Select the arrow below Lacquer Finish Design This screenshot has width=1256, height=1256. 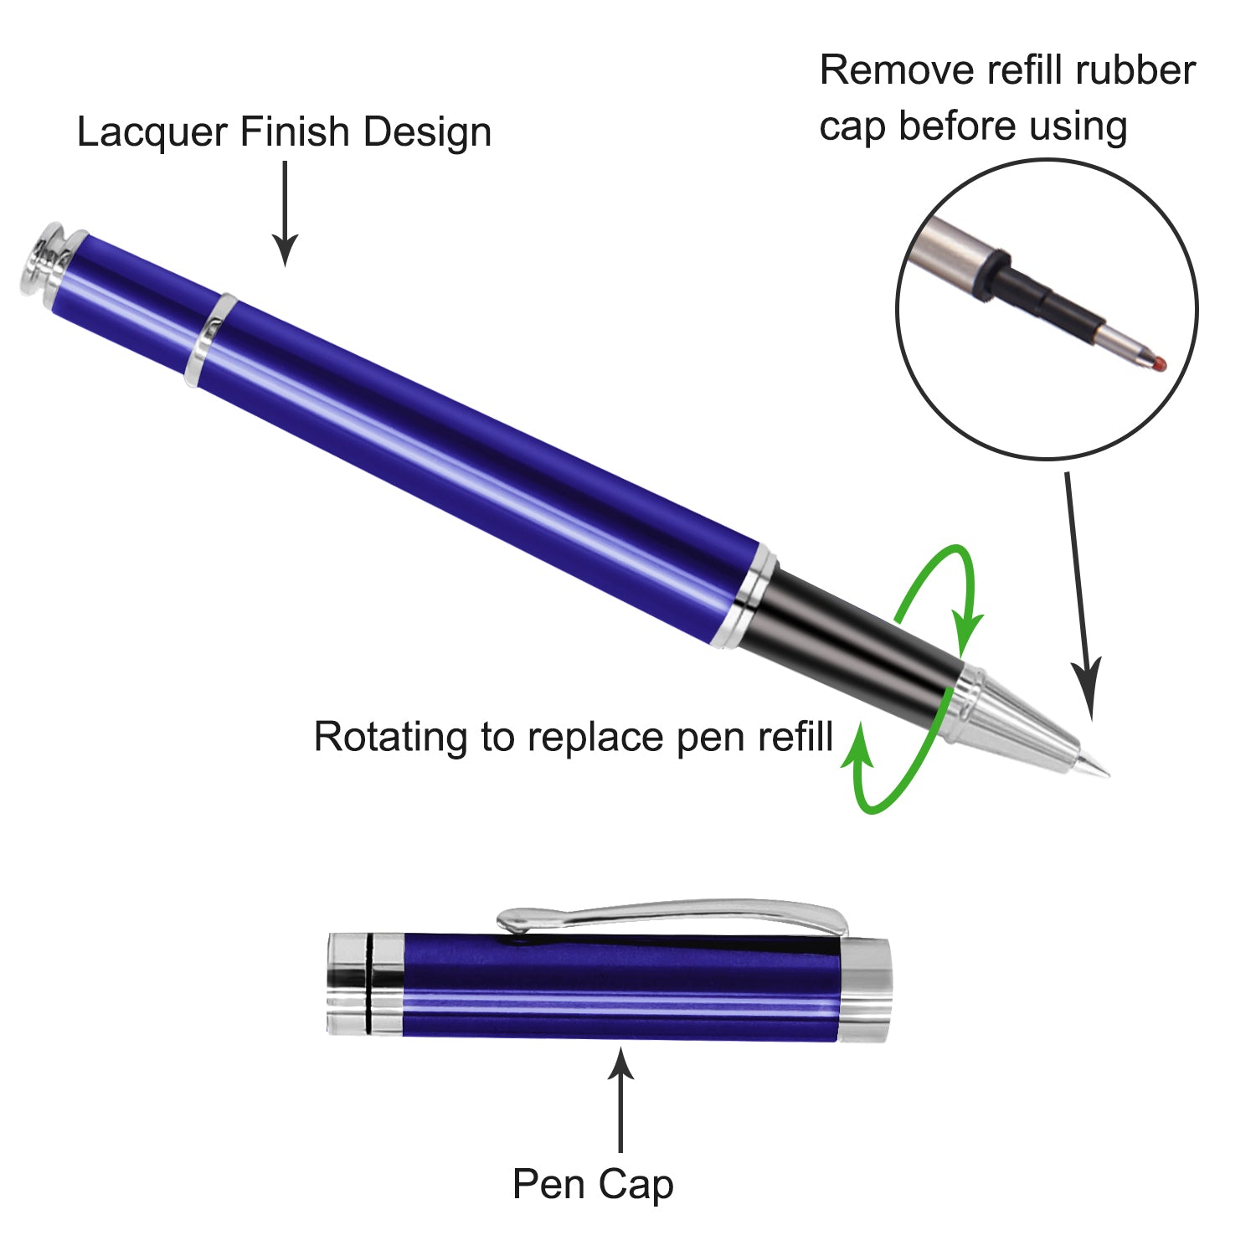[x=285, y=214]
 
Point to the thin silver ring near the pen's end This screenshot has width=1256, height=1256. [x=210, y=339]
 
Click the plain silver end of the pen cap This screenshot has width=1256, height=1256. [x=866, y=990]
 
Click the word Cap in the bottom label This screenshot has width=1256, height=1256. [x=636, y=1184]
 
